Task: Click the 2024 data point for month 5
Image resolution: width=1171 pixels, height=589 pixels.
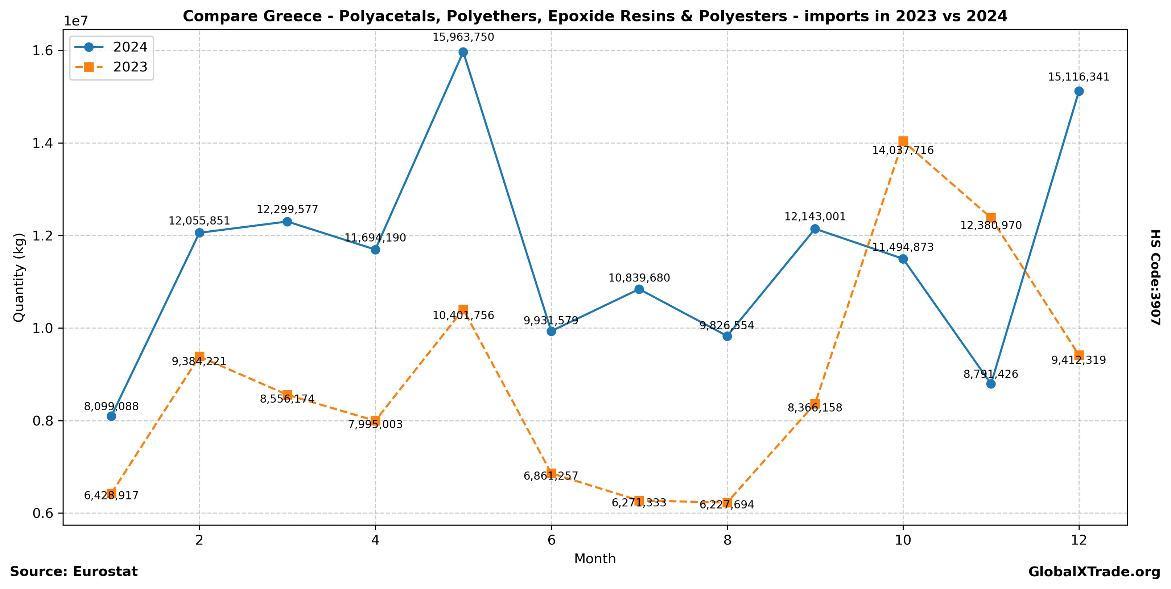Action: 463,52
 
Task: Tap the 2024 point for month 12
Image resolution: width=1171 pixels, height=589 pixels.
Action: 1079,91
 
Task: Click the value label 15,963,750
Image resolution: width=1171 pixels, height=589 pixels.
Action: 463,37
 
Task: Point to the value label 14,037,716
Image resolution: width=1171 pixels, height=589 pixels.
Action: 903,151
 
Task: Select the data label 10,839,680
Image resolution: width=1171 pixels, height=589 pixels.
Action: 639,278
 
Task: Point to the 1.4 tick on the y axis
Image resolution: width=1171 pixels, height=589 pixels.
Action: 42,144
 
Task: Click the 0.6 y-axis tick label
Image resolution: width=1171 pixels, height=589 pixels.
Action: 42,514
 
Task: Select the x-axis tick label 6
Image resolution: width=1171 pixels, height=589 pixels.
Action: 551,540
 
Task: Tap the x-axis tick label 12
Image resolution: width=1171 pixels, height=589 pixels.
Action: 1079,540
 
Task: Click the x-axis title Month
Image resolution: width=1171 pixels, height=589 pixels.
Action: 595,559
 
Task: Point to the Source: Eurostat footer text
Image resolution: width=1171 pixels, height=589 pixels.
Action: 74,572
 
